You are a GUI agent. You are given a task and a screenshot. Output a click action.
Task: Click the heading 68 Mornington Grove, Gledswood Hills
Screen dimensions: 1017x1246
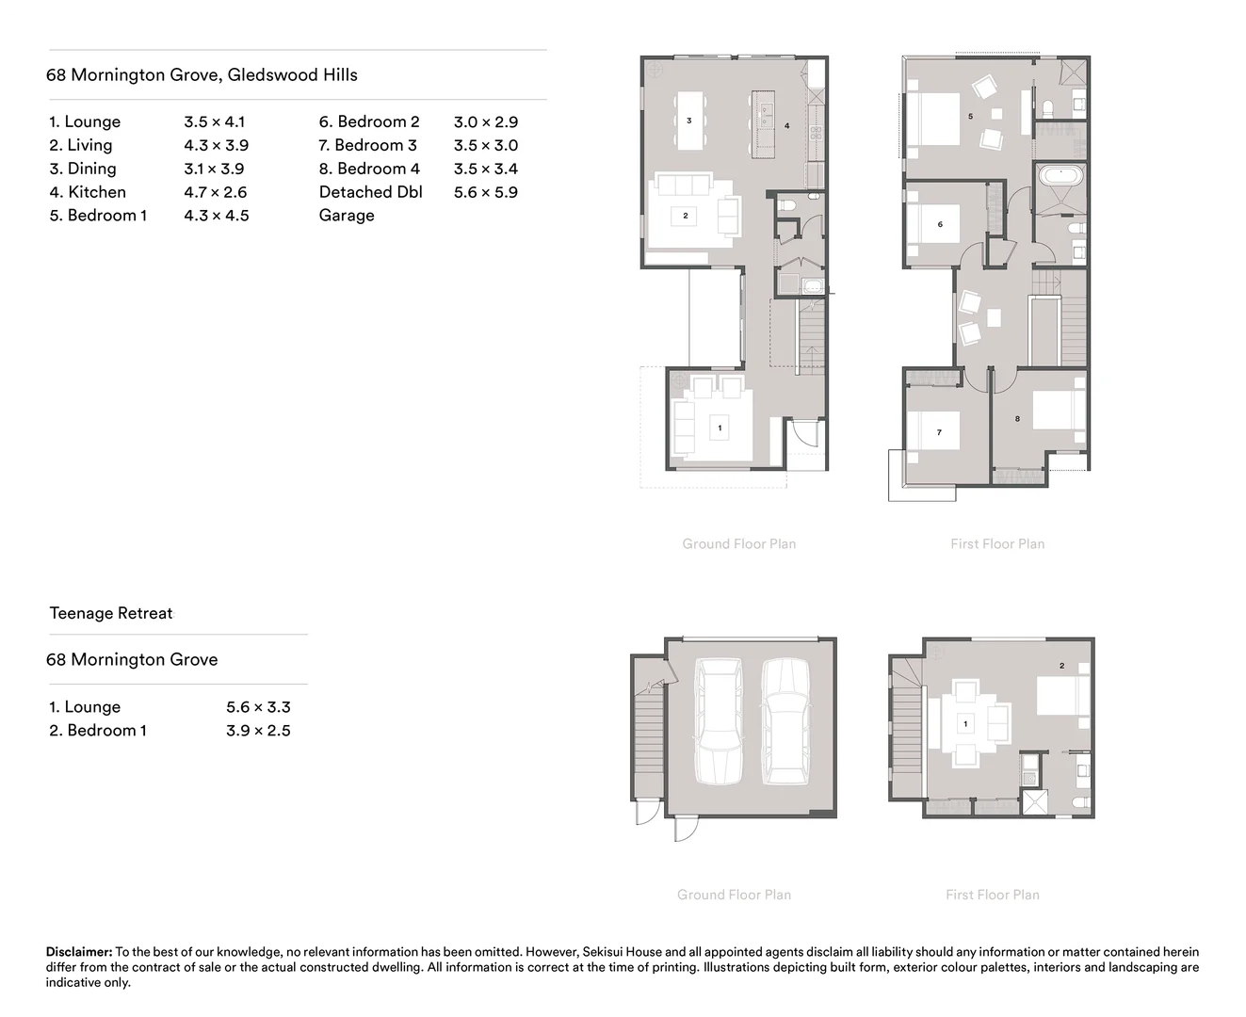202,75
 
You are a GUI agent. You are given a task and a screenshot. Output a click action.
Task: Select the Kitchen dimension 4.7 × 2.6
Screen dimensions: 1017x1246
216,192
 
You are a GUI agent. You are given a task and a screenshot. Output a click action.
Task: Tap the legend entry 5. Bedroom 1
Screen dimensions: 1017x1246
98,216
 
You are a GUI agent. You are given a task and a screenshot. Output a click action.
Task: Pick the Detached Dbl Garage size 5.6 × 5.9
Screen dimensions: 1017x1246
486,192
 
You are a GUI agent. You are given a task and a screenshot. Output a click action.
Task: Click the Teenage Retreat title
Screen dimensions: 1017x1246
111,614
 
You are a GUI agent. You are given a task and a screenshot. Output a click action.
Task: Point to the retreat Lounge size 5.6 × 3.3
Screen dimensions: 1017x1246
258,707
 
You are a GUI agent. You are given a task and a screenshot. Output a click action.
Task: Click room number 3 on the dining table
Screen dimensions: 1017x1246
689,121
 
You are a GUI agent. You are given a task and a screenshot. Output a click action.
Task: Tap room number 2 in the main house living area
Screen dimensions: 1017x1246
686,216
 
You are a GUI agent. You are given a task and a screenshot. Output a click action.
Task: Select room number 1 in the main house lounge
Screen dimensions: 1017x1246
720,428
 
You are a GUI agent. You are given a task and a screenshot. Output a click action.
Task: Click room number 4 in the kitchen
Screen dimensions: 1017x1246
786,125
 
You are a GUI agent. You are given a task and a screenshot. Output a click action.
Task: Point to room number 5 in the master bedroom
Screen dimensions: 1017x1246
970,116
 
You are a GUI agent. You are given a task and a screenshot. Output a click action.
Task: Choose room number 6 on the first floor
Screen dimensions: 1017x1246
940,224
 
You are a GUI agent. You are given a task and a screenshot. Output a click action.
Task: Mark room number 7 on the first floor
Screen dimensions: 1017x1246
939,432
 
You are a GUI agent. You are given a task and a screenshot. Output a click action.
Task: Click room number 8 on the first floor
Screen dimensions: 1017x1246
1017,418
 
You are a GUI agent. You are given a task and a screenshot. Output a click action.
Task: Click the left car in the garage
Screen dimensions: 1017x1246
718,720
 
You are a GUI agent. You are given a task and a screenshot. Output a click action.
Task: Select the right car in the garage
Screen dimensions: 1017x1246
785,720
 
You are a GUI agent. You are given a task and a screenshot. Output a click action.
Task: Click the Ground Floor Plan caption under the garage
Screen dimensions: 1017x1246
734,895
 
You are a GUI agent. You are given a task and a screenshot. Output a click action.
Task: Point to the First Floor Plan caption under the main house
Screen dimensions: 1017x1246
997,543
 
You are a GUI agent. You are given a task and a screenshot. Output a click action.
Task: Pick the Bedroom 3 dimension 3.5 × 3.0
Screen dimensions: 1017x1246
486,145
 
